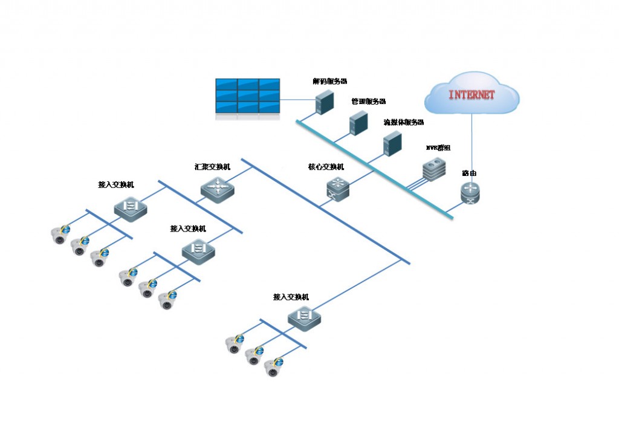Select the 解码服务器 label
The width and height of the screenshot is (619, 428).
click(329, 80)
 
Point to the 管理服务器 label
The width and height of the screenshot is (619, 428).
click(368, 102)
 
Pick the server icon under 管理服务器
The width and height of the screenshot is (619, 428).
click(358, 123)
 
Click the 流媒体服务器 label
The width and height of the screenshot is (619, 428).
click(404, 122)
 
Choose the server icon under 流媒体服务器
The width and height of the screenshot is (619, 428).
click(392, 144)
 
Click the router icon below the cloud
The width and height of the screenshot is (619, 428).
click(469, 193)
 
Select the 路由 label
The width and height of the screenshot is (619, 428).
click(469, 173)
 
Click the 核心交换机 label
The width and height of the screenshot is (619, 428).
click(326, 167)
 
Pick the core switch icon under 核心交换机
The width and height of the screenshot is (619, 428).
click(337, 189)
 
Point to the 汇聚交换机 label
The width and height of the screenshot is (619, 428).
click(212, 166)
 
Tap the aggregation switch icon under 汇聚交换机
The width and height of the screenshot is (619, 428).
click(217, 188)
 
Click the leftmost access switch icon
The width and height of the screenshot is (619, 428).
click(131, 207)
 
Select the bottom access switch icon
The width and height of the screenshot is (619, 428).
click(304, 317)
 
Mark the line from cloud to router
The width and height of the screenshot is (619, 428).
click(472, 148)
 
